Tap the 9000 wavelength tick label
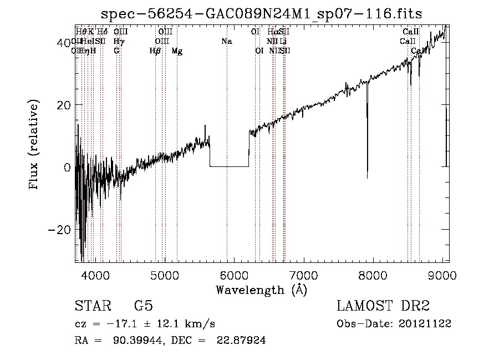click(442, 275)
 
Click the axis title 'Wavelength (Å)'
click(261, 289)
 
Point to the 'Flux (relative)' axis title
click(35, 144)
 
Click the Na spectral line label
click(226, 41)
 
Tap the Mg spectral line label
click(177, 50)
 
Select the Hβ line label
click(155, 50)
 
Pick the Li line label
click(283, 41)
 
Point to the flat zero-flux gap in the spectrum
click(229, 166)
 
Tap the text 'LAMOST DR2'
click(383, 306)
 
